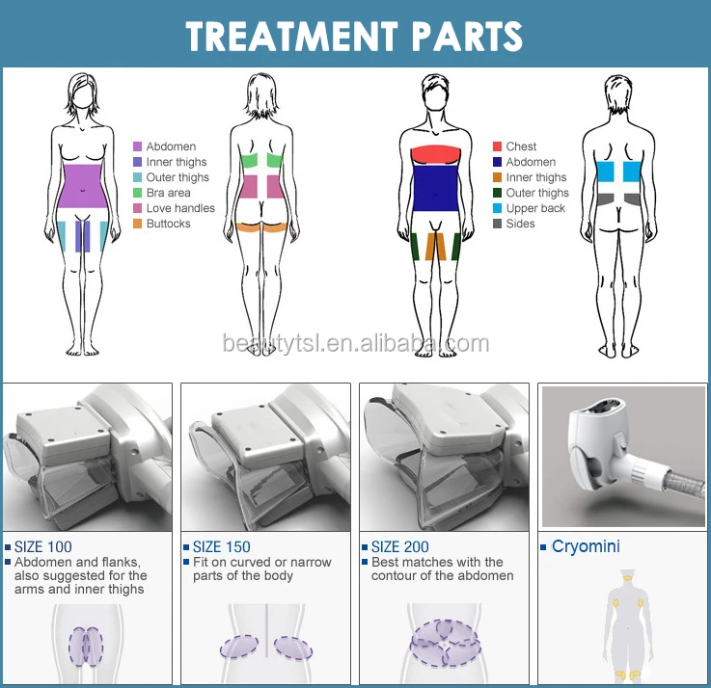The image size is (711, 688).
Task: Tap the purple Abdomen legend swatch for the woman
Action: coord(138,147)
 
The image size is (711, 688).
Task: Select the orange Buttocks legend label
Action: coord(168,224)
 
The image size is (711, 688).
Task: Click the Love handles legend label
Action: coord(180,208)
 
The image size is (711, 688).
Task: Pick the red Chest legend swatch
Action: coord(497,147)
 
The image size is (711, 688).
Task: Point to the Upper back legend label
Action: coord(535,208)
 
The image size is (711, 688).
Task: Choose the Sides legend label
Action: coord(520,224)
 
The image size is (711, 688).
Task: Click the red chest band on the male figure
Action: coord(439,155)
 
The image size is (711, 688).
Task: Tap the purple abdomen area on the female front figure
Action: coord(80,186)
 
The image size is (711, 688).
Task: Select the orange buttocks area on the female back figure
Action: coord(262,227)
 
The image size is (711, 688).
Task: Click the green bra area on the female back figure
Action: coord(261,162)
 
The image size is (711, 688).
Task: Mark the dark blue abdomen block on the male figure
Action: coord(439,189)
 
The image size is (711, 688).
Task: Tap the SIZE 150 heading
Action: coord(222,547)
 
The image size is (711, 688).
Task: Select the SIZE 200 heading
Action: coord(400,547)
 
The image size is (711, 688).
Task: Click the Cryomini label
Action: coord(586,547)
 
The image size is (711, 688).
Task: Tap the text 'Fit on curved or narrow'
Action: coord(261,562)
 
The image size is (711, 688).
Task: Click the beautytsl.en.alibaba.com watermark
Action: coord(355,344)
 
